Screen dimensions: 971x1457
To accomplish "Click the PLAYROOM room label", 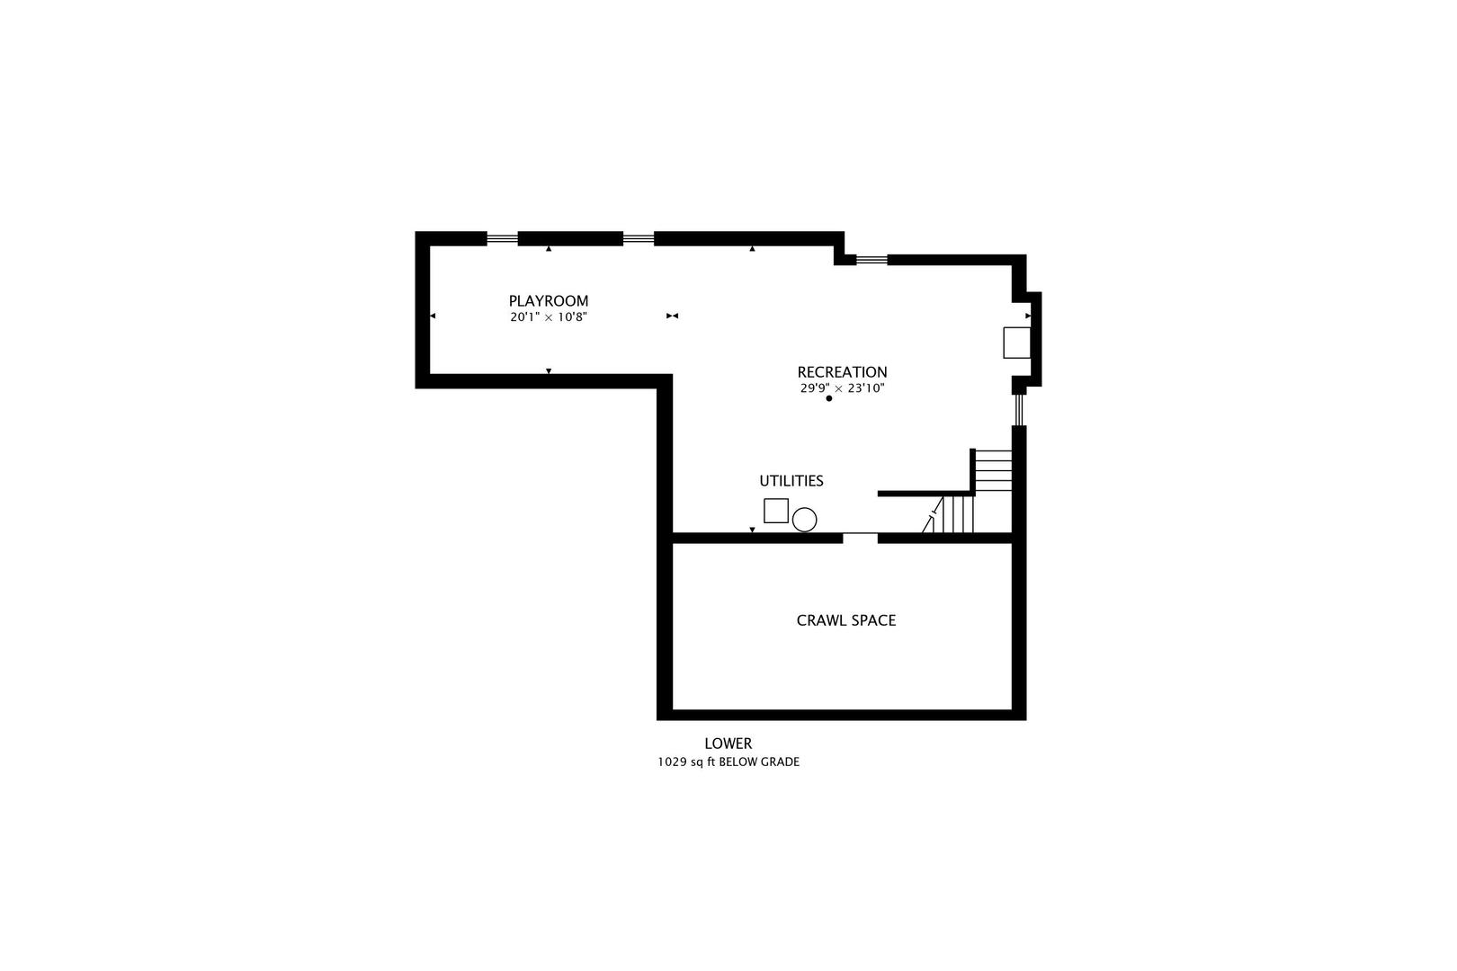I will pos(549,301).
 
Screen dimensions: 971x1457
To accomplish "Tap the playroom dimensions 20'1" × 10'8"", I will pos(549,317).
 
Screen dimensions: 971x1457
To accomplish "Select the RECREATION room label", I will pos(842,372).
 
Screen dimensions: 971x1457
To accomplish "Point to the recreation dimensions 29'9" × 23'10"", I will pos(843,388).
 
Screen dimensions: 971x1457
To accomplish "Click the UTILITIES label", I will pos(791,481).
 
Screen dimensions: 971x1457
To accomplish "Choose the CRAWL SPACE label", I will pos(846,620).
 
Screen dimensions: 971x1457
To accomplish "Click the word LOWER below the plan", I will pos(728,744).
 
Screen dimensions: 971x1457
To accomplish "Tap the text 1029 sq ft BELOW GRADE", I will pos(728,762).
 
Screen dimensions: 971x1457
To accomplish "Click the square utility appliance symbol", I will pos(776,511).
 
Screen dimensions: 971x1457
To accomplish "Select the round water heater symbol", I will pos(804,520).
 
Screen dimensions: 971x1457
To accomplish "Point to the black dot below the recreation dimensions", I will pos(829,398).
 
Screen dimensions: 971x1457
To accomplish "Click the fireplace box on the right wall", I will pos(1016,343).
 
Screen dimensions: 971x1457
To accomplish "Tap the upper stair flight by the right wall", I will pos(993,470).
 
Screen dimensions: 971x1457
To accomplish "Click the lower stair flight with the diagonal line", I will pos(952,514).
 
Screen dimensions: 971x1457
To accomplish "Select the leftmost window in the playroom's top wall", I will pos(502,239).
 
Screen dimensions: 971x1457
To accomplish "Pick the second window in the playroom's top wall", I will pos(639,239).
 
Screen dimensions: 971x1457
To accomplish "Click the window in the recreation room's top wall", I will pos(872,261).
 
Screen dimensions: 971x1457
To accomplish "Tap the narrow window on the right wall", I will pos(1019,410).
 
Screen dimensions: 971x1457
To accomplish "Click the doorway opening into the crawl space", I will pos(860,538).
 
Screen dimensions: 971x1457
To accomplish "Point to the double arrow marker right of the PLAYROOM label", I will pos(672,316).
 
